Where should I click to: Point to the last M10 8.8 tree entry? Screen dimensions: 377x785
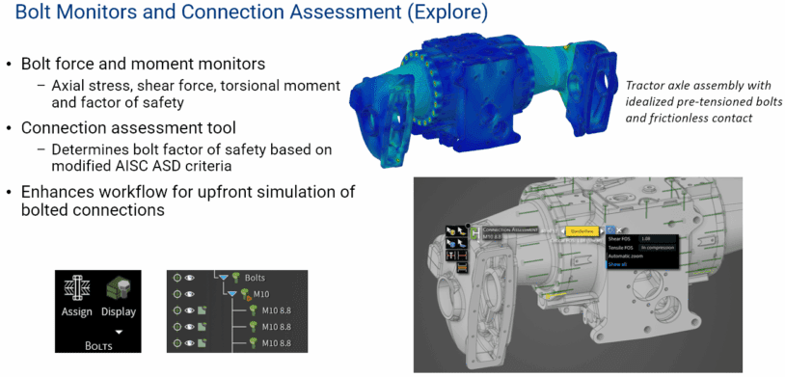(284, 342)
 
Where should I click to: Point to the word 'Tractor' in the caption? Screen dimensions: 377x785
(647, 84)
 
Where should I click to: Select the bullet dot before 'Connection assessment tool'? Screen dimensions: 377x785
(10, 127)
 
